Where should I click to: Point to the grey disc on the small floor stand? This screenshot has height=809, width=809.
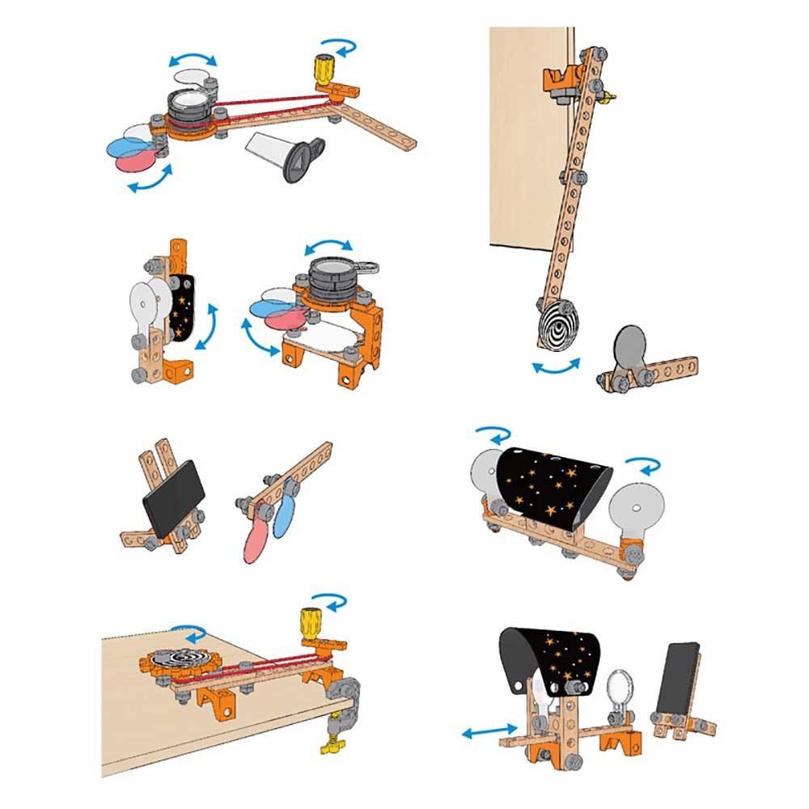pyautogui.click(x=630, y=346)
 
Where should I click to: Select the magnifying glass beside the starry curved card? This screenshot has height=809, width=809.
pyautogui.click(x=622, y=685)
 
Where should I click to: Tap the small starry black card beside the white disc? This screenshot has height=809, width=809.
pyautogui.click(x=182, y=307)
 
